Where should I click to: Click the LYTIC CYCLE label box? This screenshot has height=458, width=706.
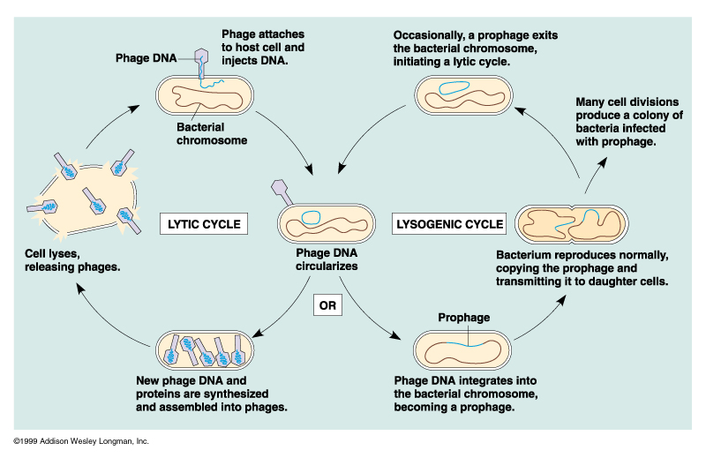(x=202, y=224)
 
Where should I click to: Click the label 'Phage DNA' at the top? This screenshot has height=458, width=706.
(x=146, y=58)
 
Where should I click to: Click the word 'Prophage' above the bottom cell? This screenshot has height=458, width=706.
(x=463, y=318)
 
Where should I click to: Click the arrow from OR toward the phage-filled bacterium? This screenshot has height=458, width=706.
(x=284, y=308)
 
